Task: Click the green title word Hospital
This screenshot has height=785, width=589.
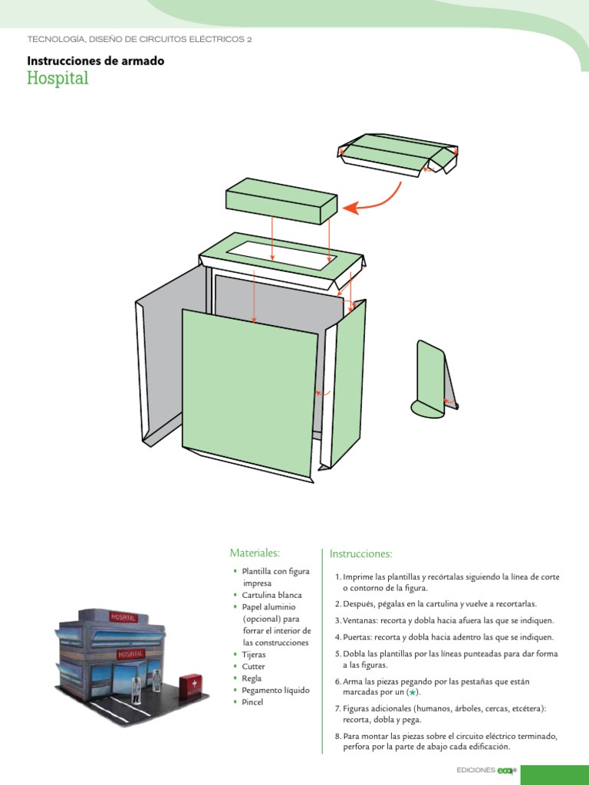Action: pos(58,78)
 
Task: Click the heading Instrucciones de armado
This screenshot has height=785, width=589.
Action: pos(96,61)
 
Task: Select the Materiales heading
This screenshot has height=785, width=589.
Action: pos(255,553)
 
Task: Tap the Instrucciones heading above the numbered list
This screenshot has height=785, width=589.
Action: pos(361,553)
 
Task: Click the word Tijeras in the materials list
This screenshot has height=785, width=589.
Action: pos(254,655)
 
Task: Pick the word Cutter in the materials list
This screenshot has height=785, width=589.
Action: pos(253,666)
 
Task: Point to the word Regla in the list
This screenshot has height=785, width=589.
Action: pos(252,678)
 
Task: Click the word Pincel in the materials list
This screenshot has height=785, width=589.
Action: pos(252,702)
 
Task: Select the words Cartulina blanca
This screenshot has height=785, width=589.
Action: pos(271,595)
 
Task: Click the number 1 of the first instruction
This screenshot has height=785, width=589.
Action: pos(337,576)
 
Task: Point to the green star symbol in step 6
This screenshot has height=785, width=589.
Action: pos(413,692)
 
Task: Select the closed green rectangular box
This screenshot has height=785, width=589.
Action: pos(281,200)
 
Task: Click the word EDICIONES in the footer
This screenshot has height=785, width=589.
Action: pos(475,770)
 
